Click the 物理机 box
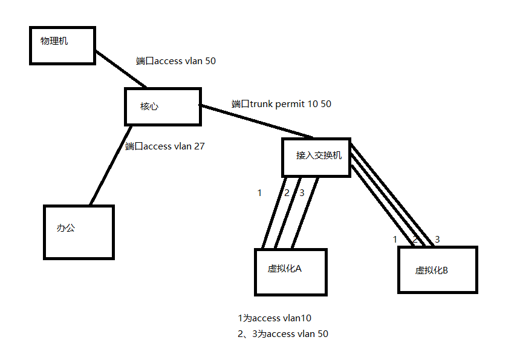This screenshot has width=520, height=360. click(62, 45)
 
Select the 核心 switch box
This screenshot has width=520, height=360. click(163, 106)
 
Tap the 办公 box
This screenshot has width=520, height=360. click(79, 232)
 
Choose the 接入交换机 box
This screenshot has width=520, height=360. click(316, 157)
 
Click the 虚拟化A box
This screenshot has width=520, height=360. click(290, 272)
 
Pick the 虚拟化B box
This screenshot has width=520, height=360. click(437, 270)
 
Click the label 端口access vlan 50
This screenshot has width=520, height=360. click(175, 61)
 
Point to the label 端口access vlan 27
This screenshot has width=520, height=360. click(164, 146)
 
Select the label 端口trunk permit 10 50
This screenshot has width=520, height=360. click(281, 104)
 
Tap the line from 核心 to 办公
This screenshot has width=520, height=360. click(111, 165)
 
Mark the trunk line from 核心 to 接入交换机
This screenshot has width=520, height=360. click(257, 121)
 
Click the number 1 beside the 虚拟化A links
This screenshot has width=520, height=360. click(259, 193)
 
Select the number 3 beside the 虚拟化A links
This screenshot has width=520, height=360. click(301, 193)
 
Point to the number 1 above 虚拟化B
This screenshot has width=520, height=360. click(395, 239)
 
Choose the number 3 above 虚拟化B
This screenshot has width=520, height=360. click(437, 239)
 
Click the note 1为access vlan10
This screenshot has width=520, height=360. click(275, 318)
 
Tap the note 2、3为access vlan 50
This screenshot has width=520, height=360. click(283, 334)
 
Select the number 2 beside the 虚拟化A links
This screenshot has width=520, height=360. click(287, 193)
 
